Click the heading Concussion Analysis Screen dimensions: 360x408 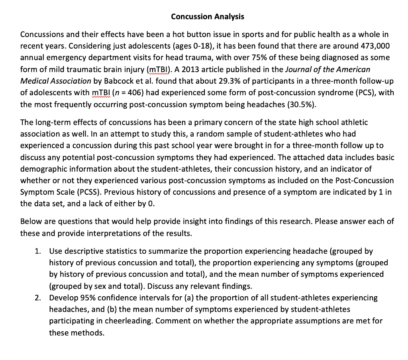coord(207,16)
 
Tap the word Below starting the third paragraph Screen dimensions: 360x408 coord(30,221)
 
